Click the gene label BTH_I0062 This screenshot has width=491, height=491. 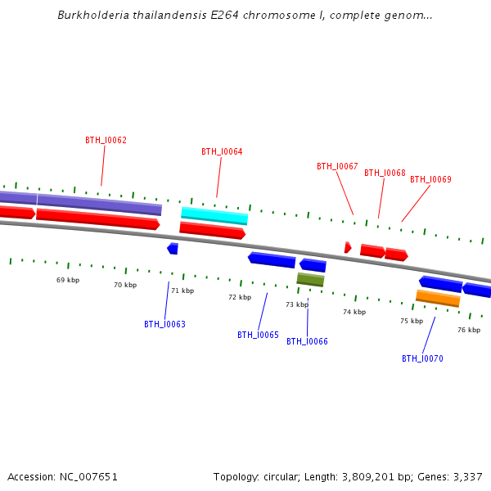[x=106, y=140]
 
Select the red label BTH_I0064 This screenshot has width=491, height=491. [x=222, y=151]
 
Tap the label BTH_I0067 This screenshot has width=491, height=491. [x=337, y=166]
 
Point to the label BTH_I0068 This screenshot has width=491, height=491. [x=385, y=173]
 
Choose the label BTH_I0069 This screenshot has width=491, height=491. [x=430, y=179]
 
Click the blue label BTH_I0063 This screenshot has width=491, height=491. [x=164, y=324]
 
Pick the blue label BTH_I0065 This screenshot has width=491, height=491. [x=258, y=335]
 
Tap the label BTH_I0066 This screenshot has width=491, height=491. [x=307, y=341]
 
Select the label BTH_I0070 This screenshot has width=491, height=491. [x=422, y=358]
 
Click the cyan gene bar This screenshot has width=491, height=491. [x=214, y=216]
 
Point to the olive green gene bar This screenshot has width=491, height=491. [x=310, y=280]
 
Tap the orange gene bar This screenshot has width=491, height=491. [x=438, y=299]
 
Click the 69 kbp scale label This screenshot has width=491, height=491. [x=68, y=280]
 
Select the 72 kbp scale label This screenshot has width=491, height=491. [x=240, y=297]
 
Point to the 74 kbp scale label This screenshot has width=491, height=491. [x=354, y=312]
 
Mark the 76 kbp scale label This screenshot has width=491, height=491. [x=469, y=330]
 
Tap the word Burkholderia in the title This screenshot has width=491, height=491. [x=92, y=16]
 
